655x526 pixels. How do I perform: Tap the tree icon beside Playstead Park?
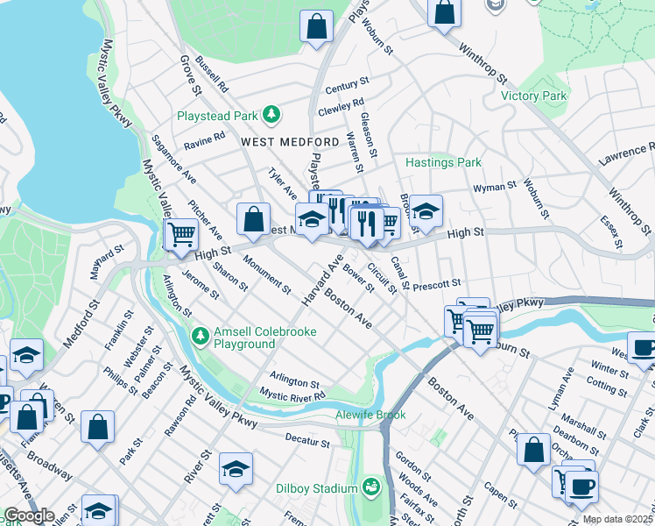[x=272, y=114]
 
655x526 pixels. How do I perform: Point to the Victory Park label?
[x=533, y=96]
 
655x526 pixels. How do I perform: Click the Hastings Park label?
[x=443, y=162]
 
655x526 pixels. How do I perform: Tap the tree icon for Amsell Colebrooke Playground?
[x=201, y=336]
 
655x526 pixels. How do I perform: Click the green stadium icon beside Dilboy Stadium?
[x=372, y=487]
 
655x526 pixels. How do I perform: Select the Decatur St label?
[x=306, y=436]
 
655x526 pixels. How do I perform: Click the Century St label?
[x=342, y=86]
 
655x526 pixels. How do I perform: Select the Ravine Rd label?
[x=205, y=139]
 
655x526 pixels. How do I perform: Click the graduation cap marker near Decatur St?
[x=236, y=470]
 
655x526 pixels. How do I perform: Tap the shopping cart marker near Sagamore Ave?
[x=181, y=235]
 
